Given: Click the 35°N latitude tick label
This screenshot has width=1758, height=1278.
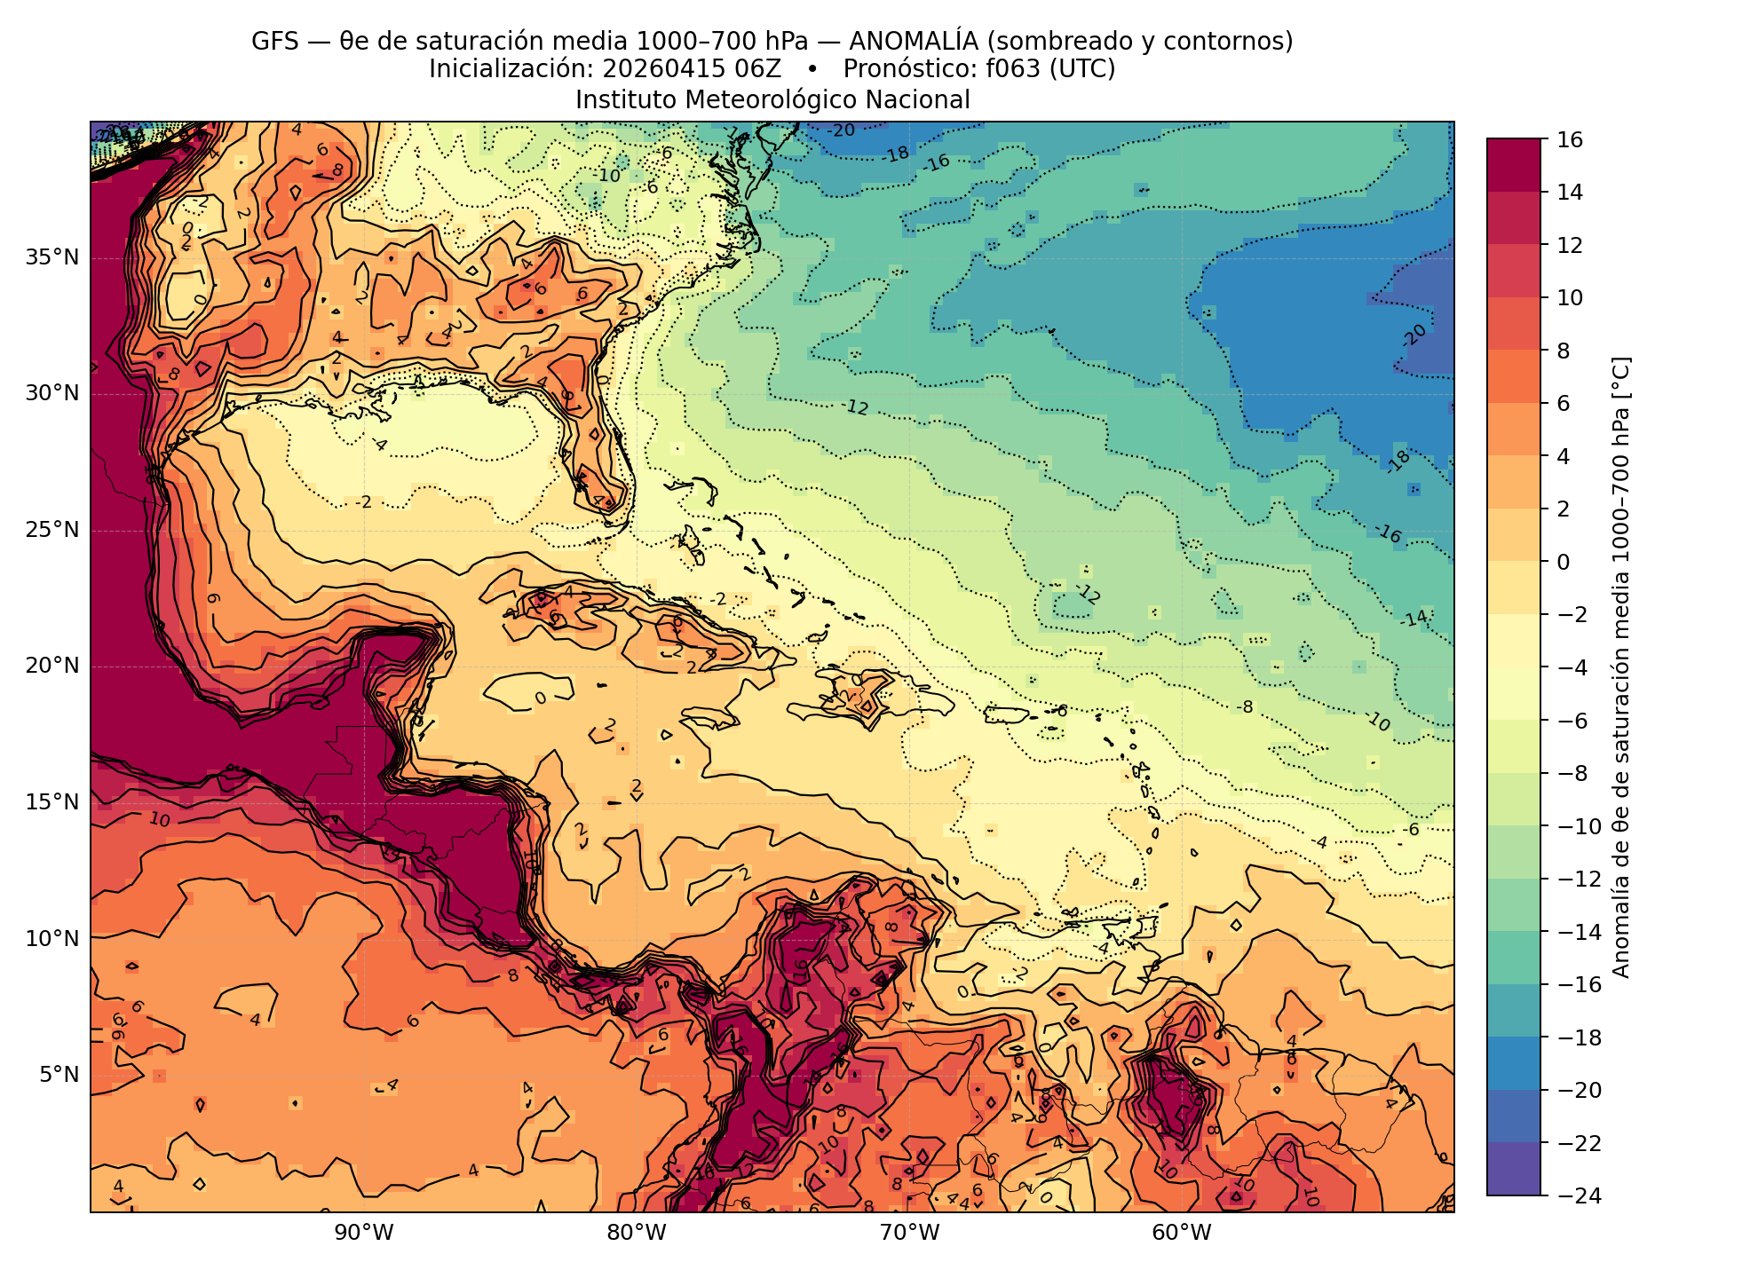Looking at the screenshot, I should click(x=52, y=258).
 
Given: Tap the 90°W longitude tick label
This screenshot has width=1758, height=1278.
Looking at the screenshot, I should click(x=364, y=1233).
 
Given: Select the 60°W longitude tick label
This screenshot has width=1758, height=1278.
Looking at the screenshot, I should click(x=1182, y=1233).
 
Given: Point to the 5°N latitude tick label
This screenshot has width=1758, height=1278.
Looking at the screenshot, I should click(x=59, y=1075).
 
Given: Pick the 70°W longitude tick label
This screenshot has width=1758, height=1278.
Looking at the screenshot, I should click(x=909, y=1233).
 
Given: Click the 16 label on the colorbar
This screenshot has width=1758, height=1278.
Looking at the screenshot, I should click(x=1570, y=139).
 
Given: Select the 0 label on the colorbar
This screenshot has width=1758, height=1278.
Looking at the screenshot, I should click(x=1564, y=562).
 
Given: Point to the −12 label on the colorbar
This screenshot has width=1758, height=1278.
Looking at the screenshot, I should click(x=1578, y=880).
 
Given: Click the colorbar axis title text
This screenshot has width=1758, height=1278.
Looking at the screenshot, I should click(x=1621, y=667).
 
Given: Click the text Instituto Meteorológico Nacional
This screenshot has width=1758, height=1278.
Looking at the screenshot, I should click(x=772, y=100).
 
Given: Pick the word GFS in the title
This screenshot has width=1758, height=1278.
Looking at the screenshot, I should click(x=275, y=42).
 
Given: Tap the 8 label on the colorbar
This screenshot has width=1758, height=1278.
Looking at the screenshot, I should click(x=1564, y=351).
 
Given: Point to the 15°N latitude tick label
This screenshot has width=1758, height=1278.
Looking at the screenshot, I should click(x=52, y=802).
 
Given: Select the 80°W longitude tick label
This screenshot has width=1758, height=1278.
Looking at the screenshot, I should click(x=637, y=1233).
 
